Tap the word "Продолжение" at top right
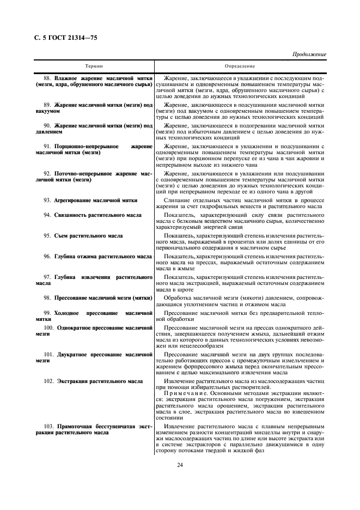click(309, 54)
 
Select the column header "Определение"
click(239, 66)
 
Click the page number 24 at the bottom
click(179, 464)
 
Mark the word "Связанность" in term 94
click(72, 215)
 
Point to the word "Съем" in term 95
click(61, 235)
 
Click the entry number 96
click(47, 256)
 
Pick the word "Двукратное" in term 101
click(75, 354)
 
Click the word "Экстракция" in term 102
click(74, 381)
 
